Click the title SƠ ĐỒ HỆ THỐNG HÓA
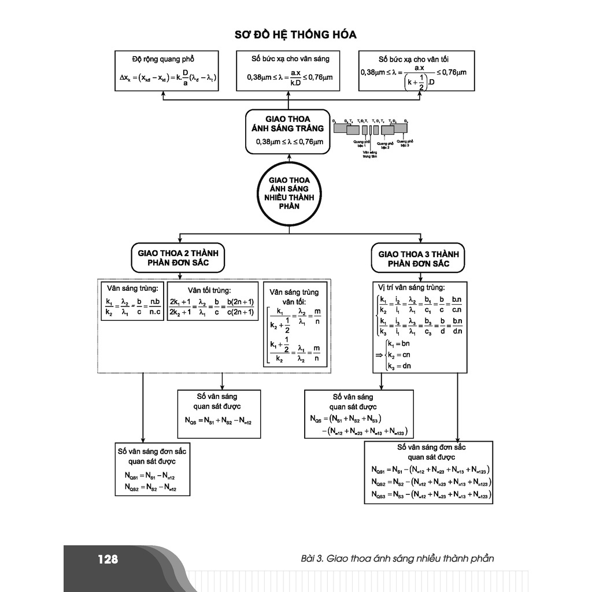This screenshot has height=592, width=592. pyautogui.click(x=295, y=35)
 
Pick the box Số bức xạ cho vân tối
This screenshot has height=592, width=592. pyautogui.click(x=413, y=71)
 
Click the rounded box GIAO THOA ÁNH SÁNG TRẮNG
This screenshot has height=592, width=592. pyautogui.click(x=287, y=132)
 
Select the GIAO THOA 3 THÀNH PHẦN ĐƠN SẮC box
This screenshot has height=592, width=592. pyautogui.click(x=418, y=257)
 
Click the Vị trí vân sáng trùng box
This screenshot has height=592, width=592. pyautogui.click(x=419, y=326)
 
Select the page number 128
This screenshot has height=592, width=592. pyautogui.click(x=108, y=559)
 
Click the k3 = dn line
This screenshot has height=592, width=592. pyautogui.click(x=398, y=365)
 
